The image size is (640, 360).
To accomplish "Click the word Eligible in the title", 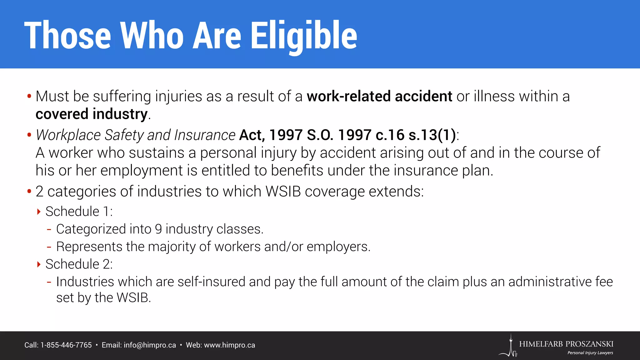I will (304, 35).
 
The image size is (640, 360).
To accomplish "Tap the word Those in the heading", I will (67, 35).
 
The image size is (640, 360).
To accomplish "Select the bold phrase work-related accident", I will (379, 96).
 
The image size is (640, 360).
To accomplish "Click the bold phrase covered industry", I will (91, 114).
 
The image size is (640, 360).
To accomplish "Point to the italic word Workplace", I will (68, 135).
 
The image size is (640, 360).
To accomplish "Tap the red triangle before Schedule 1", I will (39, 212).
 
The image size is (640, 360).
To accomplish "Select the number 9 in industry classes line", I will (158, 229).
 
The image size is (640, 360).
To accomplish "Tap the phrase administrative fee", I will (560, 282).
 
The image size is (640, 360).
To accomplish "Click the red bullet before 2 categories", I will (29, 191).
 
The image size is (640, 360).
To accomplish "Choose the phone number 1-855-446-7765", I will (66, 345).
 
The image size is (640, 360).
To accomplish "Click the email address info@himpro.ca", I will (150, 345).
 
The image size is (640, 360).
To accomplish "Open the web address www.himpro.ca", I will (229, 345).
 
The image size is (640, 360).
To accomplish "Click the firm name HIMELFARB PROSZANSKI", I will (566, 344).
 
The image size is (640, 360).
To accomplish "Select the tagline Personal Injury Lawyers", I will (590, 353).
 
